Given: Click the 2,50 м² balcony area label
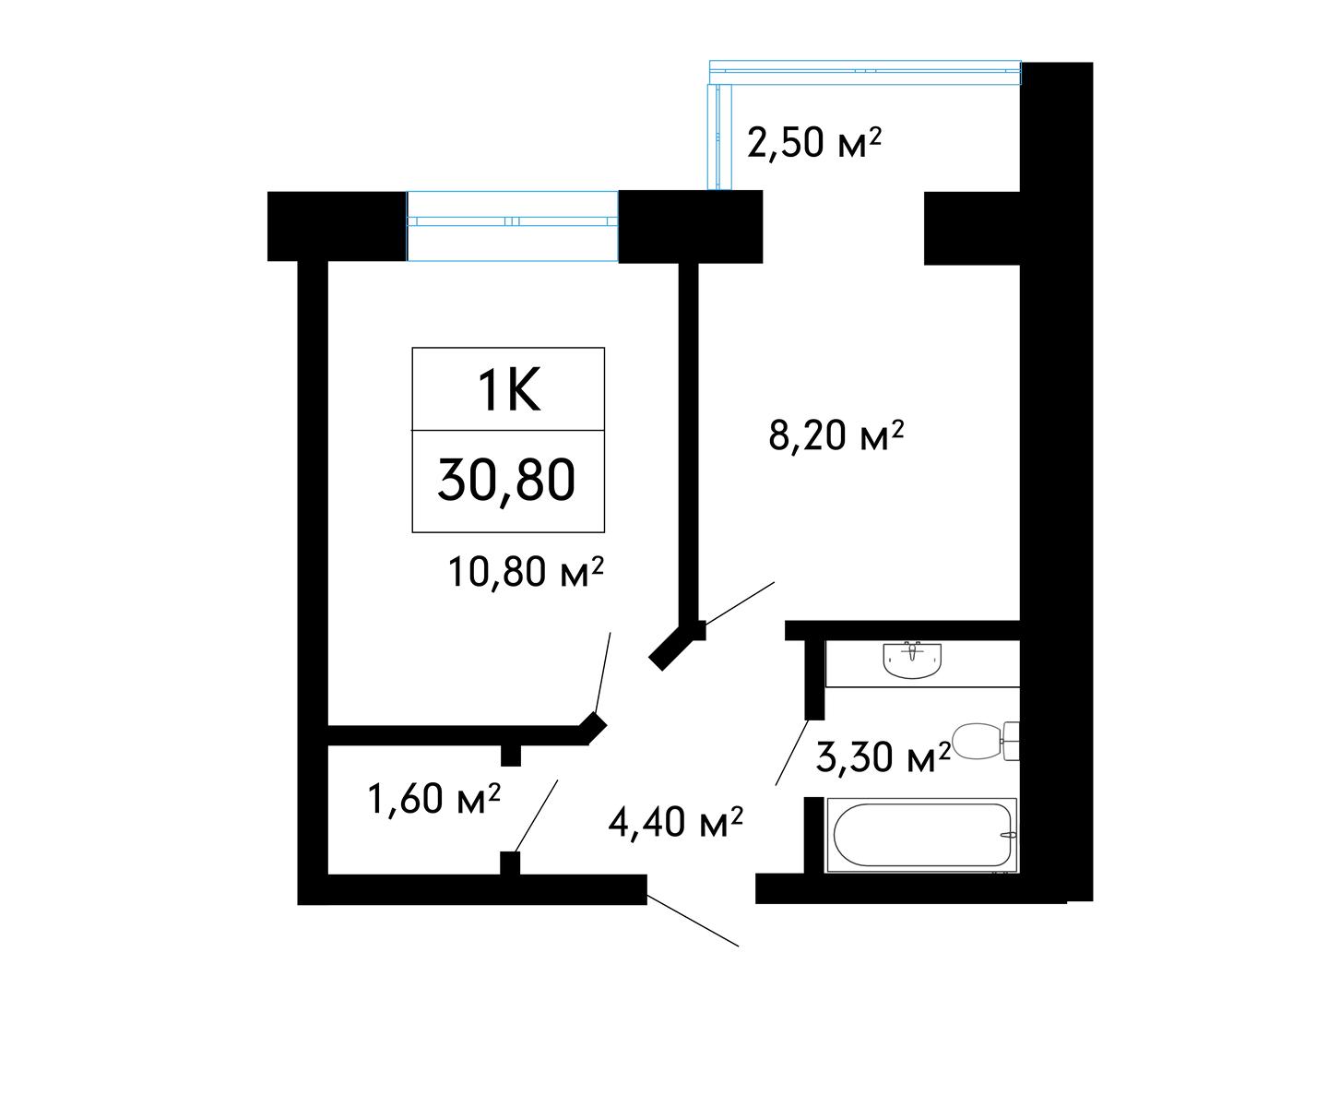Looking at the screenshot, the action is [814, 144].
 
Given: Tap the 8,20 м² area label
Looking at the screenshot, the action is [836, 435].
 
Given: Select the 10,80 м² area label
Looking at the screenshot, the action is [526, 572].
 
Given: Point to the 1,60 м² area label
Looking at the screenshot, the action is [434, 799].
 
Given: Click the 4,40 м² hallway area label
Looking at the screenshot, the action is [675, 823].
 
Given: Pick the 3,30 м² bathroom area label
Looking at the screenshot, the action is [883, 757].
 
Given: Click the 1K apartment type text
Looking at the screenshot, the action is [509, 391].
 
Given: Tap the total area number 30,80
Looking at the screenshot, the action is [506, 481].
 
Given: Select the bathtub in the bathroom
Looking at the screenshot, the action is [921, 835].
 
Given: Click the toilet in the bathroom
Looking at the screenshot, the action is [987, 741].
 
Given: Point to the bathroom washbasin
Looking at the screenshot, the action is [912, 660].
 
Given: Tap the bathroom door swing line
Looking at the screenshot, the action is [792, 752].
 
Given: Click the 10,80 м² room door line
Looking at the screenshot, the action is [602, 673].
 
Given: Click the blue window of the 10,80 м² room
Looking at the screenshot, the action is [512, 226].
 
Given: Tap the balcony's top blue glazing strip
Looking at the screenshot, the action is [865, 73].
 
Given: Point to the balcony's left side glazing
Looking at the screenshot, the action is [719, 137].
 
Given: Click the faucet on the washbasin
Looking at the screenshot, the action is [912, 651].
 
